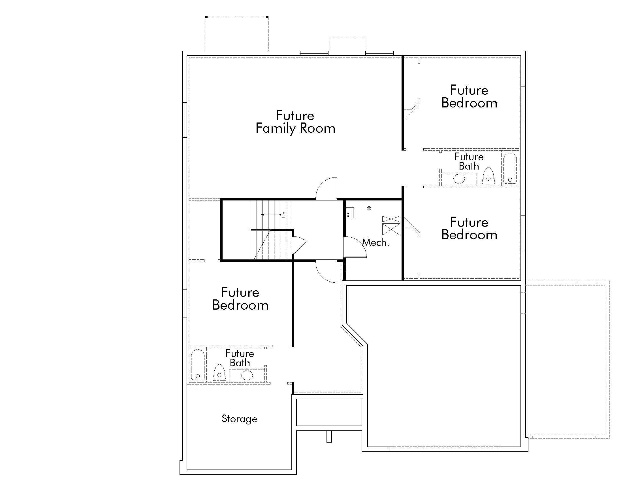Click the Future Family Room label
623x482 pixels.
coord(295,122)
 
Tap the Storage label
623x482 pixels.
coord(239,419)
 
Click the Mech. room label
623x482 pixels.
coord(375,243)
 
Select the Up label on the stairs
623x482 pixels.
coord(283,214)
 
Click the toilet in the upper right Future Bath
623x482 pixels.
coord(488,176)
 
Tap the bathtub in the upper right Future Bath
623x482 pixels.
coord(510,168)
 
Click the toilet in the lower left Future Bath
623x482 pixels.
coord(219,373)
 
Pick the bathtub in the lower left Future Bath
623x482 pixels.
coord(197,365)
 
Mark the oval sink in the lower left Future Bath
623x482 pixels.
coord(247,375)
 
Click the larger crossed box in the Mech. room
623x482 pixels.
coord(391,229)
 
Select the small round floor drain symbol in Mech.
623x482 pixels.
coord(369,208)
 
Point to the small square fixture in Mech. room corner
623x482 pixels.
coord(350,213)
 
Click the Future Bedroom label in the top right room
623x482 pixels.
coord(469,96)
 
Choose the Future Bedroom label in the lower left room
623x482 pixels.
coord(240,299)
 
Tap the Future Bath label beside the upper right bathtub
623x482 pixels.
coord(469,161)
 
